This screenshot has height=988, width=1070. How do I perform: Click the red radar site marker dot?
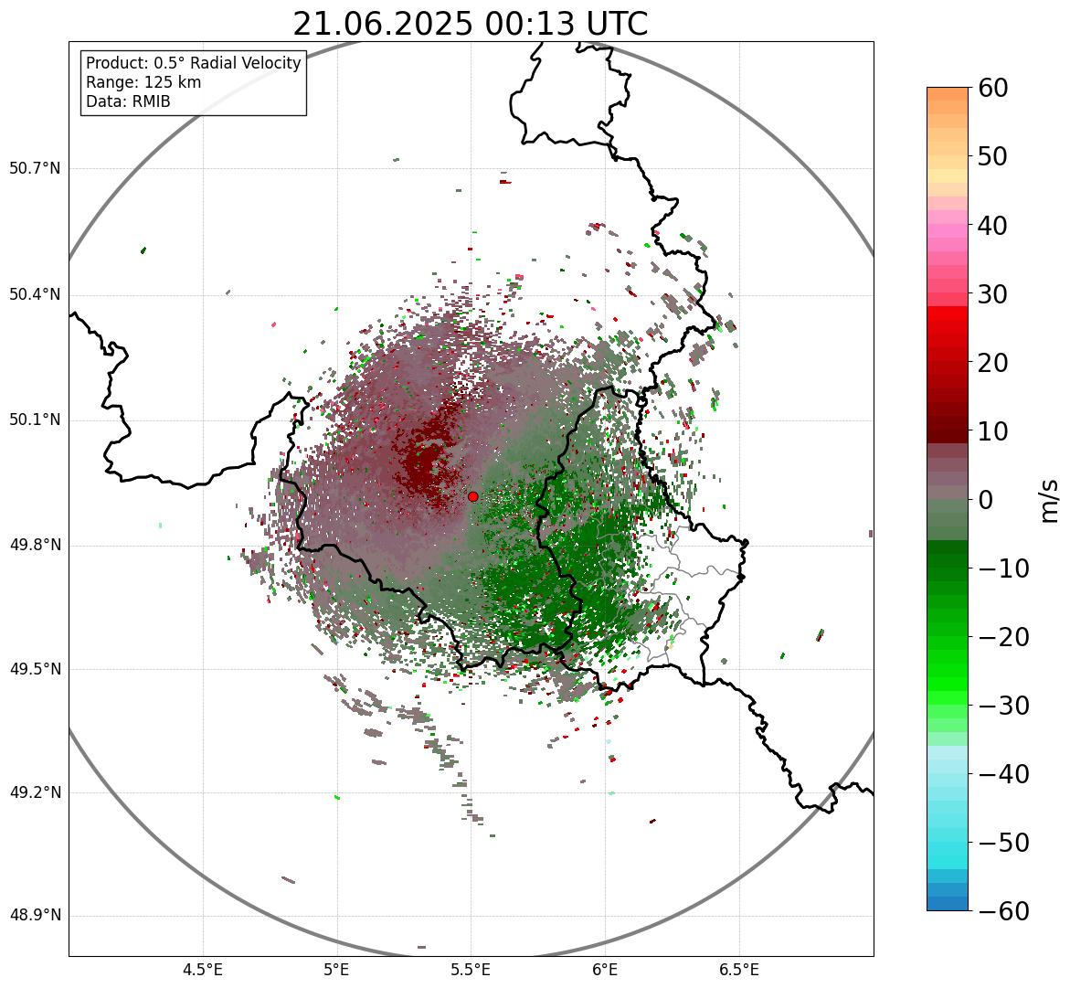472,496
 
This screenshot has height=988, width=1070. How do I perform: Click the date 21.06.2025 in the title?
384,24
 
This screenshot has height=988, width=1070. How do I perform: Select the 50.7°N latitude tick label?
35,168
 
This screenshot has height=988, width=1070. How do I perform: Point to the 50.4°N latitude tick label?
35,294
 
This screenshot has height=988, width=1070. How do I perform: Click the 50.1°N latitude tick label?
35,420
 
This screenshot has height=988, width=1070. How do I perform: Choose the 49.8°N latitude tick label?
35,545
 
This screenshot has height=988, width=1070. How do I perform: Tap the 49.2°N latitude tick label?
35,792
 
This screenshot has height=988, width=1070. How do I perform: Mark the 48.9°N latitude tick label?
35,916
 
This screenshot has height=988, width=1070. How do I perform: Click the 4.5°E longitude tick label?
203,969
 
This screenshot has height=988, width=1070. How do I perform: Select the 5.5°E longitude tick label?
471,969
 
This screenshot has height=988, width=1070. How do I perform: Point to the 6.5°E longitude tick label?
738,969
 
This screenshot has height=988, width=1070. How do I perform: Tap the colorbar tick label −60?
1003,911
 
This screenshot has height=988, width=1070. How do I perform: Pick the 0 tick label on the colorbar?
986,500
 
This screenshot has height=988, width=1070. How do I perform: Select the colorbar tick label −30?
1003,706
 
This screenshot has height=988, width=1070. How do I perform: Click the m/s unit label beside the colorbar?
1048,500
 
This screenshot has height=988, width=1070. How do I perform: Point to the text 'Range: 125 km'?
143,82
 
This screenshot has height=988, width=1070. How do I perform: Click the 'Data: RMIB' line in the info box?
128,101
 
